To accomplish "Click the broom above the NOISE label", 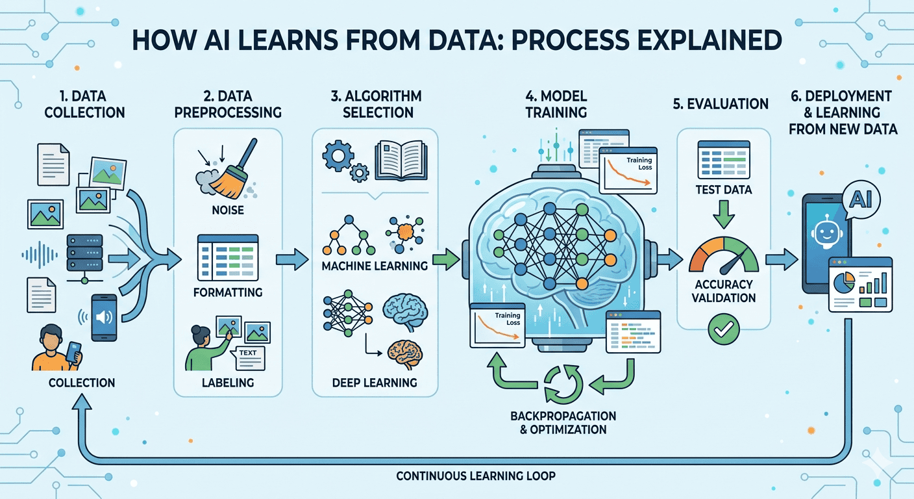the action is tap(232, 172).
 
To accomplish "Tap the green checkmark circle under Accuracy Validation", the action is tap(723, 329).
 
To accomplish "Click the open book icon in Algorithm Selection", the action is tap(401, 160).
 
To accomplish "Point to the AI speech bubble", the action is tap(861, 199).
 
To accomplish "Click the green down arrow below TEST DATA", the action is tap(724, 214).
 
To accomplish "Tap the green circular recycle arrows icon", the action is tap(563, 384).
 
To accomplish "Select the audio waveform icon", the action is tap(40, 255).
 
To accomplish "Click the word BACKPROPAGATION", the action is tap(563, 416).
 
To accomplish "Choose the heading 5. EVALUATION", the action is tap(721, 104).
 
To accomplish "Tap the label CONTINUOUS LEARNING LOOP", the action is tap(476, 476).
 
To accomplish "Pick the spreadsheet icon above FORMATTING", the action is tap(228, 257).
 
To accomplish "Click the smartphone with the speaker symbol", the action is tap(104, 318).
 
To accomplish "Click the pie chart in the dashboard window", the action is tap(844, 283).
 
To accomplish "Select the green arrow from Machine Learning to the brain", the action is tap(446, 259).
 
